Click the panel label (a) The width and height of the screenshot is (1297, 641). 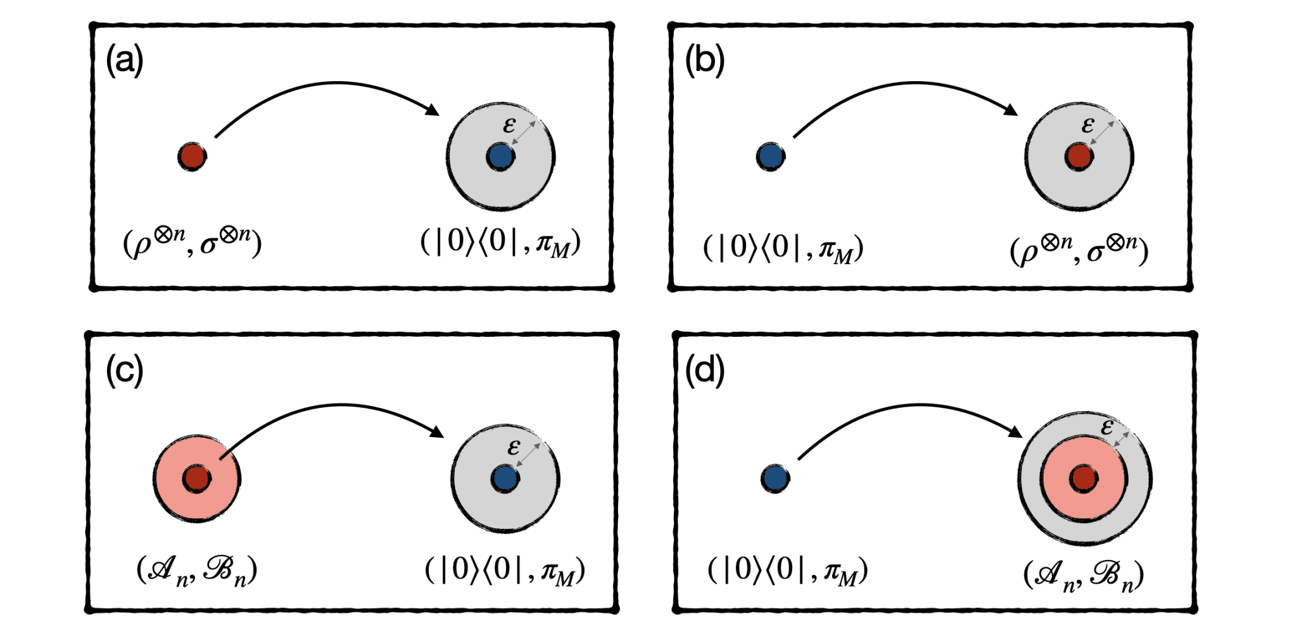[x=125, y=61]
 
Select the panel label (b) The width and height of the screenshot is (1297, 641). [x=704, y=61]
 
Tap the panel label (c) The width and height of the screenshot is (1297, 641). [x=125, y=371]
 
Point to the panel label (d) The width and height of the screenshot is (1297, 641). [x=704, y=371]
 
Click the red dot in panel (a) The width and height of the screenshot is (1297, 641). [x=192, y=156]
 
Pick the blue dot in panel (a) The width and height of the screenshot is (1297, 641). [x=500, y=156]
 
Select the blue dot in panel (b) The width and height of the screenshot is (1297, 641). [x=771, y=156]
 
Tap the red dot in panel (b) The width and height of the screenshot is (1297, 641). [x=1079, y=156]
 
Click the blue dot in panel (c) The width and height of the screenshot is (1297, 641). [x=505, y=479]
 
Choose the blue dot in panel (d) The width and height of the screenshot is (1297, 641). [x=775, y=479]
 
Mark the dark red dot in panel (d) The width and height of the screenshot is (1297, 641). [x=1084, y=479]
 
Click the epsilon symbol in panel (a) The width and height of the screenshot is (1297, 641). [x=509, y=125]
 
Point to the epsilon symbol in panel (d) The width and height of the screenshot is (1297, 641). [x=1106, y=427]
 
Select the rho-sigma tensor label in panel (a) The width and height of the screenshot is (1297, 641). [x=192, y=243]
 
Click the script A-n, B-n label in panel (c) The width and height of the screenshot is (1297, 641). [x=196, y=571]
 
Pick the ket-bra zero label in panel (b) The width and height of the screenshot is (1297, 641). [x=783, y=248]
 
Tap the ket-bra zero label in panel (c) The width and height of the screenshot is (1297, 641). [x=505, y=571]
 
